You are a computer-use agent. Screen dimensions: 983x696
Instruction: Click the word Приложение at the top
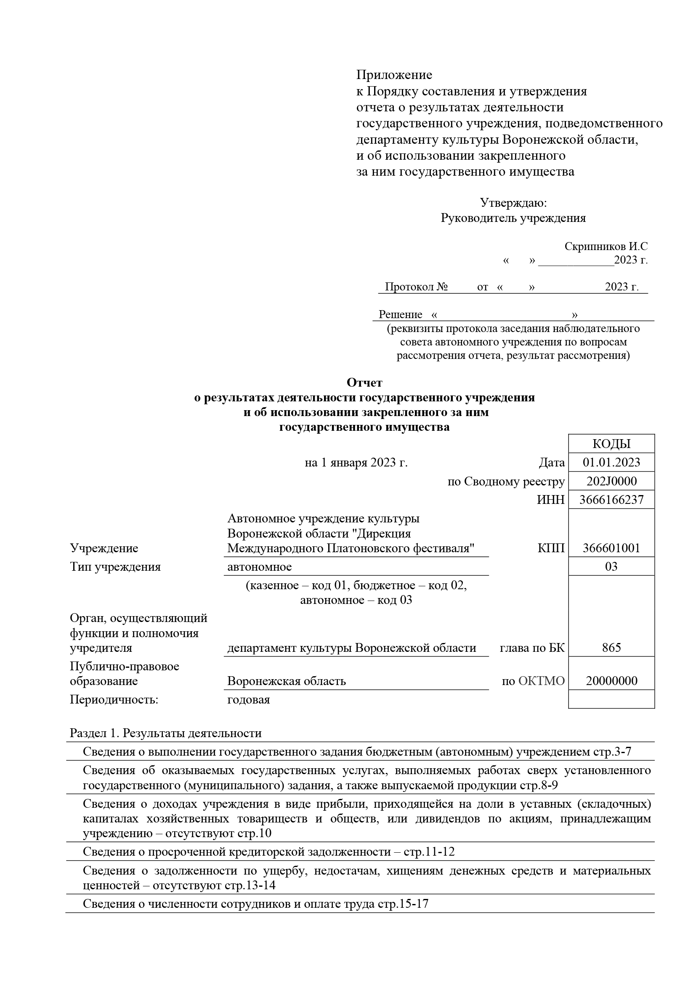[x=394, y=75]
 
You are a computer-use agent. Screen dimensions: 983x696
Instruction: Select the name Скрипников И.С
[x=606, y=247]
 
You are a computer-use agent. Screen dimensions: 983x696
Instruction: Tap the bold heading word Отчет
[x=364, y=382]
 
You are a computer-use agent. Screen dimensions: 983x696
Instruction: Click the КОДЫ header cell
[x=611, y=444]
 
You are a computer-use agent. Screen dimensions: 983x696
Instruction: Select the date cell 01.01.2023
[x=611, y=462]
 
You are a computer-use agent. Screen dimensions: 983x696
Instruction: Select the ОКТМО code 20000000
[x=611, y=681]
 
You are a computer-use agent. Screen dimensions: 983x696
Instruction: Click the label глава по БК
[x=532, y=648]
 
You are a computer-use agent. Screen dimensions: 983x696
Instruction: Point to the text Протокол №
[x=416, y=287]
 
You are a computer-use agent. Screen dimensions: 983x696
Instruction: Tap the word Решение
[x=400, y=314]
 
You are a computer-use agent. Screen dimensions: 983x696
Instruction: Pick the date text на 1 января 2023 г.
[x=356, y=463]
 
